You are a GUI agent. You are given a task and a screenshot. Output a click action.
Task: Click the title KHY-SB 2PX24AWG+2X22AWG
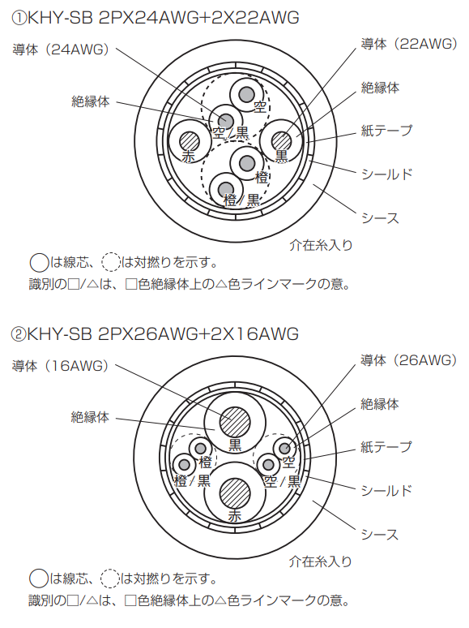[163, 19]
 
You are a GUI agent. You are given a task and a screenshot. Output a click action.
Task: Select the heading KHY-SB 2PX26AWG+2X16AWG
[163, 334]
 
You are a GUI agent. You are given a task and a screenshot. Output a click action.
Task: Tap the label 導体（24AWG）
[62, 49]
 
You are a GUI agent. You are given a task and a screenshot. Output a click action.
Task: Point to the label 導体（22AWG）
[409, 44]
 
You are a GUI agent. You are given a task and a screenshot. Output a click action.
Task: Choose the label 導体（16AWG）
[61, 366]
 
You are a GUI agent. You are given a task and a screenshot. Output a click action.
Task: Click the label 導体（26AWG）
[408, 360]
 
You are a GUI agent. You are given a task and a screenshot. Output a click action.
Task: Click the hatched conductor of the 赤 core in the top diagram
[190, 141]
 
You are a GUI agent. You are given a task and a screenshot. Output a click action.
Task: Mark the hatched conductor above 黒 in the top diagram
[281, 141]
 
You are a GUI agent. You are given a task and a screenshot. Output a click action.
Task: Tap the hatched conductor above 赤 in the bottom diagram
[235, 493]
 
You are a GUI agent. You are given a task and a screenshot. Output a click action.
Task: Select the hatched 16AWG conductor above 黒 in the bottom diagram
[235, 423]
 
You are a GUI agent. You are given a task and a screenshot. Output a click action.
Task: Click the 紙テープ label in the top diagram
[386, 131]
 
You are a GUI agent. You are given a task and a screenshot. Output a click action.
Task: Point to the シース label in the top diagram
[380, 218]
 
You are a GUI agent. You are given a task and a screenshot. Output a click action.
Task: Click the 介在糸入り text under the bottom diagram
[321, 561]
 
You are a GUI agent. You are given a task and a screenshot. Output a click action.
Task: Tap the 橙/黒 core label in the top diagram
[241, 200]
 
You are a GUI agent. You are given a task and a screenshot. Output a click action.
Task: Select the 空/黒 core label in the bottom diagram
[282, 481]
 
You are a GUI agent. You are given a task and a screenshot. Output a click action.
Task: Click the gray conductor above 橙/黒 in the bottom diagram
[185, 465]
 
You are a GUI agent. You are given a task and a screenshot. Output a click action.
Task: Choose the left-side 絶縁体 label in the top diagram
[91, 101]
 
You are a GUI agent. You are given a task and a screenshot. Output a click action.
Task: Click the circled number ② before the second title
[19, 334]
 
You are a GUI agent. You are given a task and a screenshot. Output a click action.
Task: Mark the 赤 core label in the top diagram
[188, 157]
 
